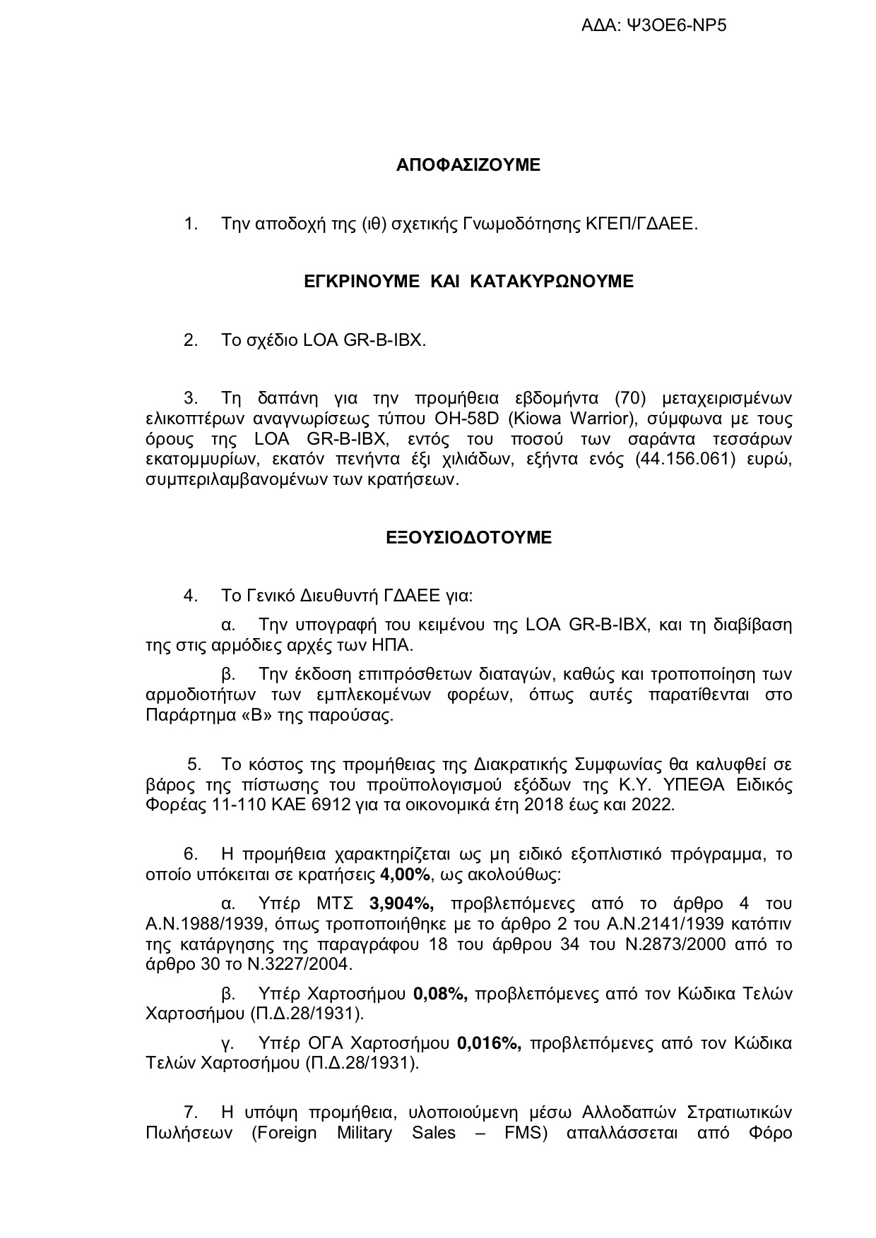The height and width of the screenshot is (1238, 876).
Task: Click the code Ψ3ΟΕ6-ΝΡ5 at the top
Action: coord(677,26)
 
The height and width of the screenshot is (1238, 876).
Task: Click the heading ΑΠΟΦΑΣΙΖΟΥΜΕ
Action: coord(468,165)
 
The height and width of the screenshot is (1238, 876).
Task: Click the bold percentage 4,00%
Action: coord(405,875)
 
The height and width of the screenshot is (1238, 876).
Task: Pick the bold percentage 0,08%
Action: coord(440,994)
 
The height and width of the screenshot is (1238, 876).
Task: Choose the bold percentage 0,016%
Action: coord(490,1042)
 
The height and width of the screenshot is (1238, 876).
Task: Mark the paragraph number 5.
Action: coord(194,764)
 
